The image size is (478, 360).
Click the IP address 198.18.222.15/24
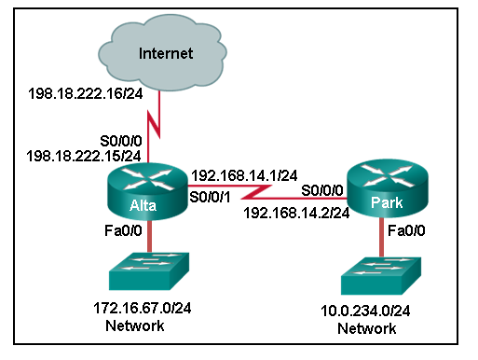[85, 154]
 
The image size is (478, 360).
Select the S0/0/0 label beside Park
[322, 190]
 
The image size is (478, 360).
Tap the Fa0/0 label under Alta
[116, 230]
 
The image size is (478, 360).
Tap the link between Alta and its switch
[147, 236]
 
